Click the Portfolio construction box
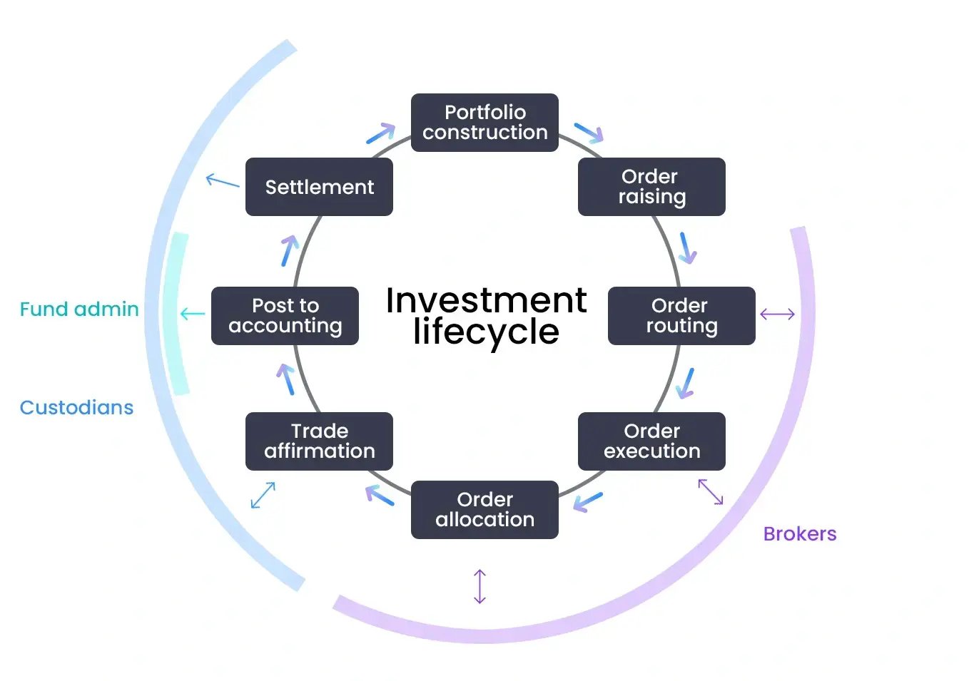point(484,123)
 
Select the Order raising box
point(651,187)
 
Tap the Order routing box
point(681,316)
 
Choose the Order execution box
point(651,441)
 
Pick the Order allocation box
point(484,510)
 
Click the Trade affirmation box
point(319,441)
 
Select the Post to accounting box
point(285,316)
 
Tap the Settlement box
point(319,187)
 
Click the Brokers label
point(800,534)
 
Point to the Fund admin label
point(79,309)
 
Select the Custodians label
point(76,408)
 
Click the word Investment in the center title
point(486,300)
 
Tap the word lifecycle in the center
point(486,332)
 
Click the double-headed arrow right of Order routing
point(777,314)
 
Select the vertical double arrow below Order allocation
point(480,586)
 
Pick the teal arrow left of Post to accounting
point(192,314)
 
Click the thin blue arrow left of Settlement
point(223,181)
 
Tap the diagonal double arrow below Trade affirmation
point(263,495)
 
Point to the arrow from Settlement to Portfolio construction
point(381,133)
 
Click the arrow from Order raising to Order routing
point(688,247)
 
